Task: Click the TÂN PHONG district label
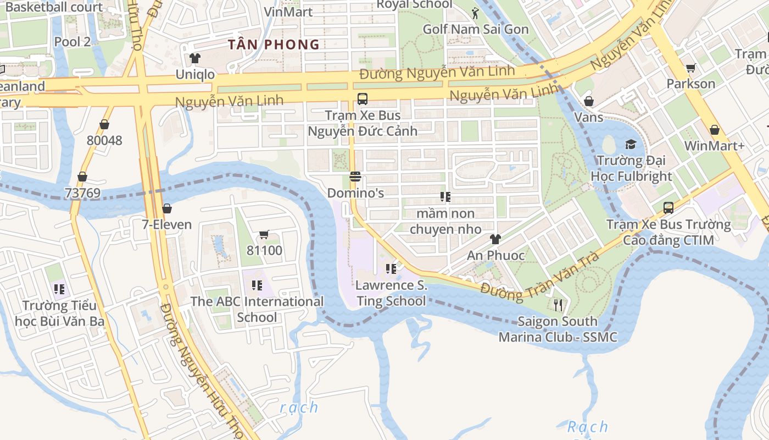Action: pyautogui.click(x=274, y=45)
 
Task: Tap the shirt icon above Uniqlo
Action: pyautogui.click(x=195, y=58)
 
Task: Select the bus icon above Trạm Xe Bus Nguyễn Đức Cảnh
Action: pyautogui.click(x=363, y=99)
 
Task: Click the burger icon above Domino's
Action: pyautogui.click(x=355, y=177)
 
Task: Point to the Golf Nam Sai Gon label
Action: pyautogui.click(x=476, y=29)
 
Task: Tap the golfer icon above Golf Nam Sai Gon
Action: pyautogui.click(x=476, y=13)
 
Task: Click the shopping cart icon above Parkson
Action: pyautogui.click(x=691, y=68)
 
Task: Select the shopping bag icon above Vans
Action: pyautogui.click(x=589, y=101)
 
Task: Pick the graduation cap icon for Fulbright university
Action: pyautogui.click(x=631, y=144)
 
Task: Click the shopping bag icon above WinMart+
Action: pyautogui.click(x=715, y=130)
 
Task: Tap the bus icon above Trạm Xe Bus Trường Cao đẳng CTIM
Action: pyautogui.click(x=668, y=208)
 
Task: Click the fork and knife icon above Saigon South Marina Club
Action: pyautogui.click(x=558, y=305)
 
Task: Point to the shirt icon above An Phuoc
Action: pyautogui.click(x=495, y=239)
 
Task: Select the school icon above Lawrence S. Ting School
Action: pyautogui.click(x=391, y=269)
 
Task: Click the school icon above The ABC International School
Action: pyautogui.click(x=257, y=285)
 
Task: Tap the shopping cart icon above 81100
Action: pyautogui.click(x=264, y=235)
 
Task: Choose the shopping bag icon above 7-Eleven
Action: pyautogui.click(x=167, y=208)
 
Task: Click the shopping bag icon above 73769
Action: pyautogui.click(x=82, y=177)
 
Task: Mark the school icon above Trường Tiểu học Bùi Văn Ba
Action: pyautogui.click(x=60, y=289)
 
